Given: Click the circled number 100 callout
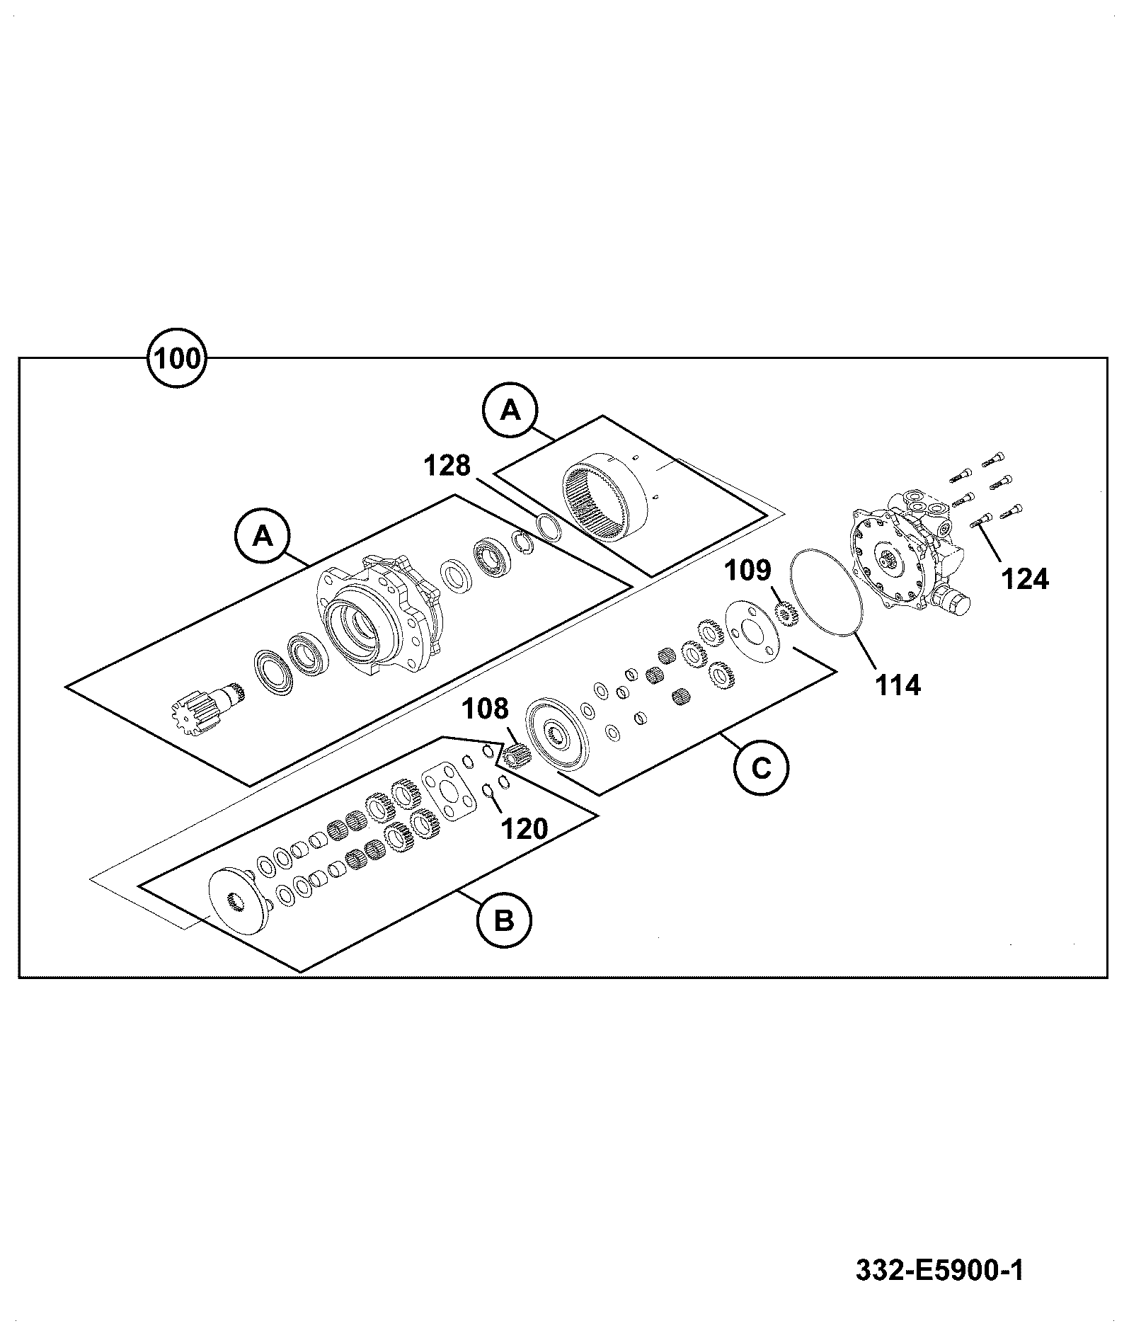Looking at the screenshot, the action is point(176,358).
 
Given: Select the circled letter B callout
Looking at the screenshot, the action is point(503,921).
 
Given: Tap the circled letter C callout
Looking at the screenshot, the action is point(762,768).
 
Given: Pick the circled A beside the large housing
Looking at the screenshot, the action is point(263,536).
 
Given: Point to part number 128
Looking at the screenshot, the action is point(447,466).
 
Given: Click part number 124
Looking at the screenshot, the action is point(1025,580).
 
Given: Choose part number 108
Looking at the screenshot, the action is point(486,708).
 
